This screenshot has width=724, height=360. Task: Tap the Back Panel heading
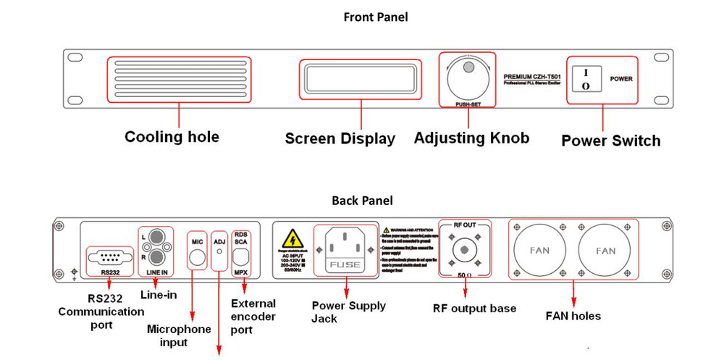[x=362, y=200]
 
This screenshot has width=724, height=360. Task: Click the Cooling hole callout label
[x=172, y=137]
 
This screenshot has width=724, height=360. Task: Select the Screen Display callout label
[x=340, y=138]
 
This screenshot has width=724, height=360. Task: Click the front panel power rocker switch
[x=587, y=79]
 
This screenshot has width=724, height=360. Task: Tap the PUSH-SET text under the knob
[x=468, y=105]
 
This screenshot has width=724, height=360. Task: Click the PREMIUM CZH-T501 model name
[x=536, y=75]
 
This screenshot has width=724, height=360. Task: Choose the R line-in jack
[x=155, y=258]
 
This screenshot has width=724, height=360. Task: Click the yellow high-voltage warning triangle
[x=292, y=239]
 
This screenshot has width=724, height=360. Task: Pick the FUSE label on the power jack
[x=345, y=265]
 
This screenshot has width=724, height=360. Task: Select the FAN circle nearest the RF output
[x=539, y=251]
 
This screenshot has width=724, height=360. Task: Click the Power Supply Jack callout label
[x=348, y=311]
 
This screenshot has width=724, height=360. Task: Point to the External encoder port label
[x=252, y=317]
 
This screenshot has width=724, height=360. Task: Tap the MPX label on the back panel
[x=241, y=272]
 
